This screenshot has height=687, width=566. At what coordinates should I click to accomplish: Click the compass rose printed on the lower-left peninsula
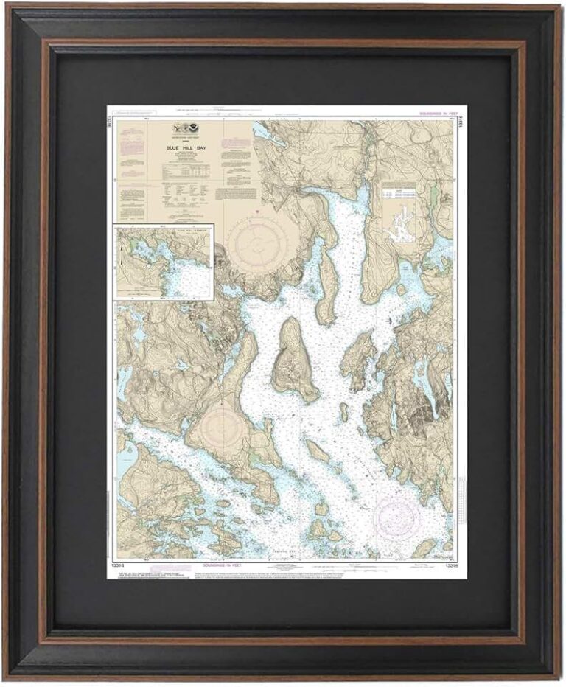pyautogui.click(x=222, y=426)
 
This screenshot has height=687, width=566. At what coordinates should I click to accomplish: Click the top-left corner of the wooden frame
pyautogui.click(x=9, y=9)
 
